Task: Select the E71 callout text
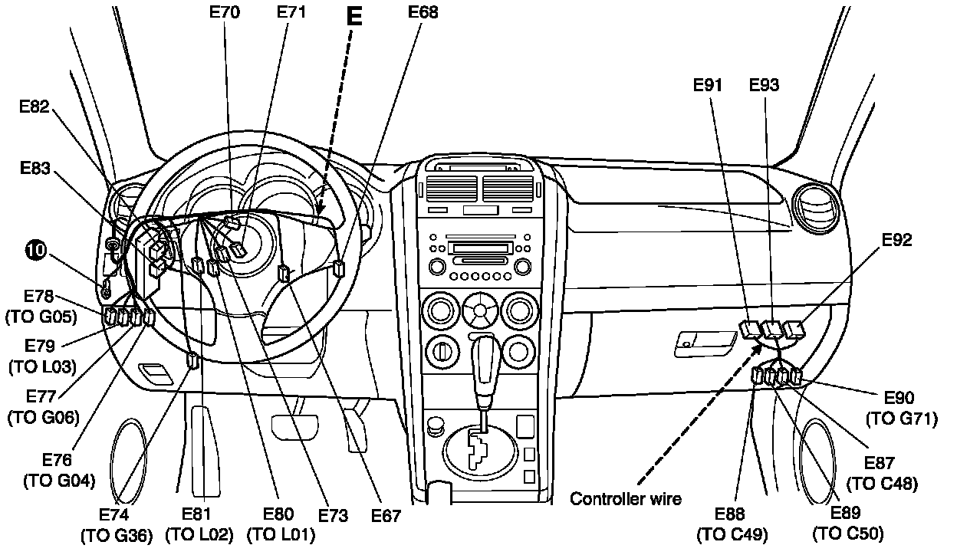[x=291, y=13]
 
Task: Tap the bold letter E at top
[x=354, y=17]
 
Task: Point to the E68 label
[x=423, y=13]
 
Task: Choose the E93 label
[x=764, y=86]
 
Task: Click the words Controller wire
[x=626, y=499]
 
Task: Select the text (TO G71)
[x=902, y=419]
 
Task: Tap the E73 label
[x=332, y=516]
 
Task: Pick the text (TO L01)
[x=279, y=535]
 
